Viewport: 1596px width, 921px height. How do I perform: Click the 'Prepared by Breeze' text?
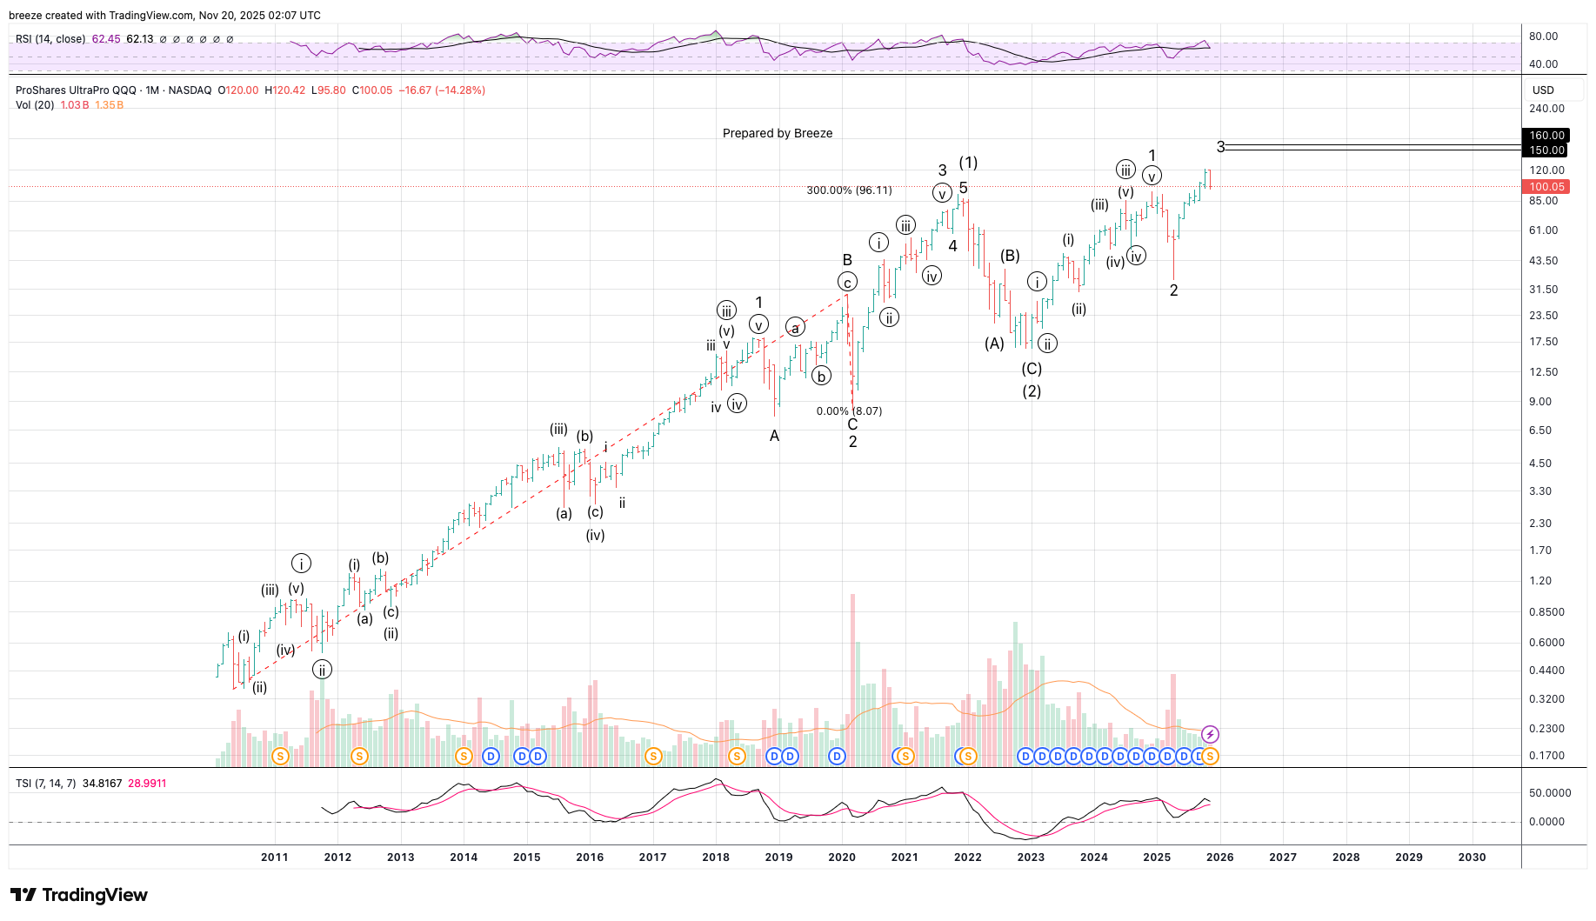pos(778,133)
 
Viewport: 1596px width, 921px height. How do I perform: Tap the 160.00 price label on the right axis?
pos(1546,136)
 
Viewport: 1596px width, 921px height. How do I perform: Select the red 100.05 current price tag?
pos(1546,187)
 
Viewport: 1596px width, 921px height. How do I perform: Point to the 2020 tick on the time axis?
pos(842,857)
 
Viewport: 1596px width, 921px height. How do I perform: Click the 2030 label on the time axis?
pos(1472,857)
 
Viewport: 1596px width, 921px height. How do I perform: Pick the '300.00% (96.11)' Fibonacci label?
pos(849,190)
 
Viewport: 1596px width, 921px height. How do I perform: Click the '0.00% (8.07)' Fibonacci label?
pos(849,411)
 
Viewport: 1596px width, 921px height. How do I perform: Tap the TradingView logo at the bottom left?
pos(79,895)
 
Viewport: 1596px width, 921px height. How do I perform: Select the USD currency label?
pos(1543,90)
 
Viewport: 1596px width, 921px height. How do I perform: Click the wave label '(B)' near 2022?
pos(1010,256)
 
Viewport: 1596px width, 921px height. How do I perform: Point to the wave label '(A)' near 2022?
pos(994,344)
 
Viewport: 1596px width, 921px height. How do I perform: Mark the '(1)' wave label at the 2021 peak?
pos(968,163)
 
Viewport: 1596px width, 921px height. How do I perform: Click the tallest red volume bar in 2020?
pos(852,678)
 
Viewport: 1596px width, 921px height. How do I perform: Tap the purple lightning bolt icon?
pos(1210,735)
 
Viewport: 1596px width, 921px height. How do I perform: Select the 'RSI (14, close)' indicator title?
pos(50,39)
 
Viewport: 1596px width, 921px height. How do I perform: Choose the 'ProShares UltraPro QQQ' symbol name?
pos(76,90)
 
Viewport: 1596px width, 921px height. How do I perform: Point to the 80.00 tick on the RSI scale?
pos(1544,37)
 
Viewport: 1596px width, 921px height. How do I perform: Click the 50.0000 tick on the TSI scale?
pos(1550,793)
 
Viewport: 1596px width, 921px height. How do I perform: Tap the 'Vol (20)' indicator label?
pos(35,105)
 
